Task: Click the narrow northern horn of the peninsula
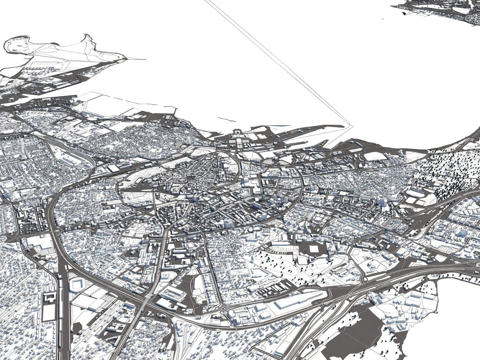[x=87, y=37]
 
